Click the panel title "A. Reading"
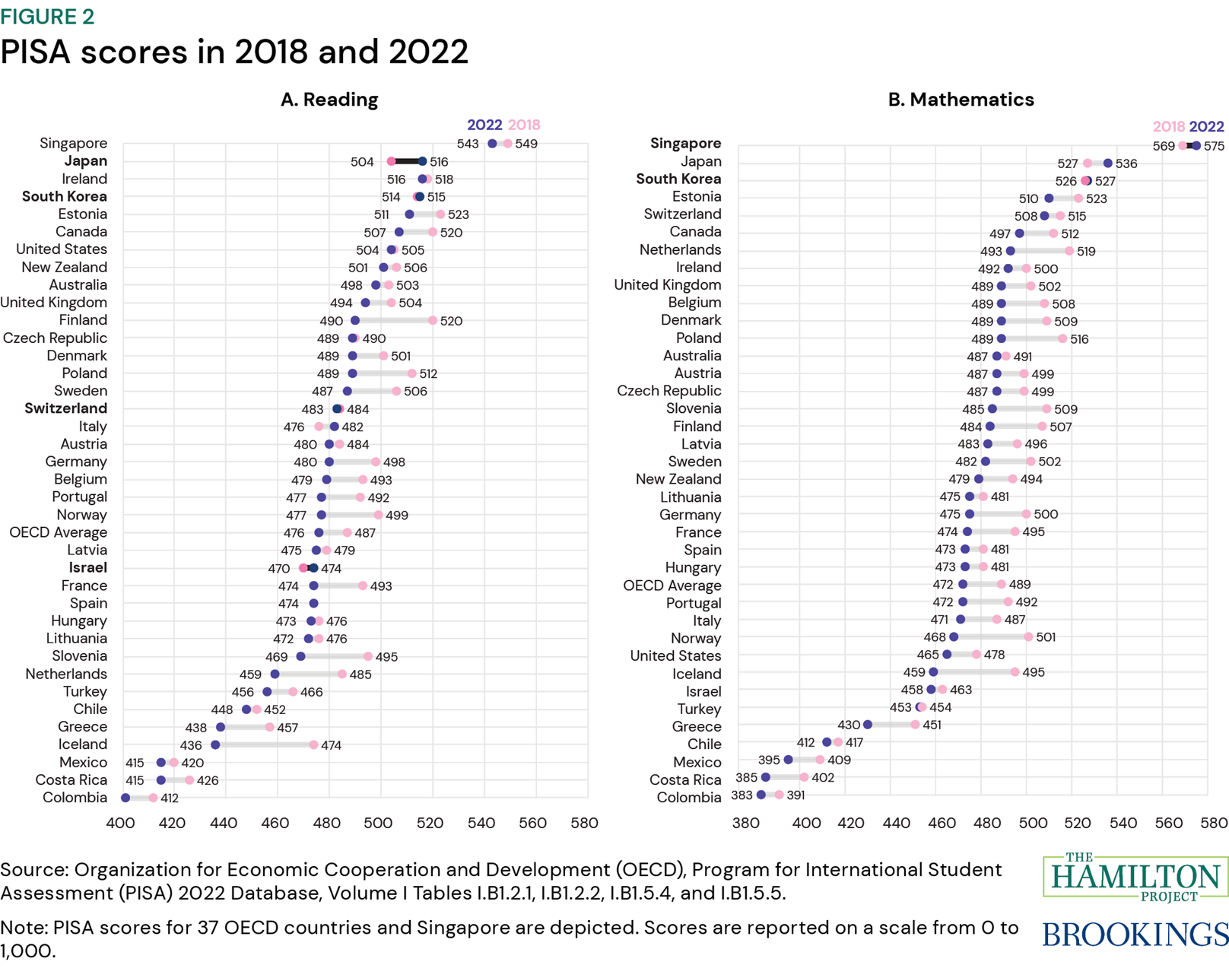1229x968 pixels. pyautogui.click(x=329, y=100)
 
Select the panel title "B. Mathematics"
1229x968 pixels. pyautogui.click(x=961, y=100)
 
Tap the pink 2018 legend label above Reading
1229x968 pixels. pyautogui.click(x=524, y=125)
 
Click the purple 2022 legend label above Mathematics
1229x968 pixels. pyautogui.click(x=1206, y=126)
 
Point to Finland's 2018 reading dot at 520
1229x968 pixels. pyautogui.click(x=433, y=321)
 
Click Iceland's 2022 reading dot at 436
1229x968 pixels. pyautogui.click(x=216, y=745)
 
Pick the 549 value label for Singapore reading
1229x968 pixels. pyautogui.click(x=526, y=144)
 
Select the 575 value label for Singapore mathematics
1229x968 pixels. pyautogui.click(x=1214, y=146)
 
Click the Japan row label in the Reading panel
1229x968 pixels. pyautogui.click(x=85, y=161)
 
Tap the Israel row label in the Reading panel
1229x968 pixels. pyautogui.click(x=87, y=568)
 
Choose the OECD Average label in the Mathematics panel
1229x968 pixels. pyautogui.click(x=672, y=586)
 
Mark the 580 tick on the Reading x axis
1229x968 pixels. pyautogui.click(x=584, y=823)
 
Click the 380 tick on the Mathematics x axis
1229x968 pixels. pyautogui.click(x=745, y=823)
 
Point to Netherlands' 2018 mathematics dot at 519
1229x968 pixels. pyautogui.click(x=1069, y=251)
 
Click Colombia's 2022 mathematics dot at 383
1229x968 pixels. pyautogui.click(x=761, y=795)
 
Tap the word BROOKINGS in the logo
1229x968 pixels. pyautogui.click(x=1135, y=935)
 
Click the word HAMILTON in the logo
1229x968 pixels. pyautogui.click(x=1135, y=878)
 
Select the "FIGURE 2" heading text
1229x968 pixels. pyautogui.click(x=47, y=17)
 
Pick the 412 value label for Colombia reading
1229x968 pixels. pyautogui.click(x=170, y=798)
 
